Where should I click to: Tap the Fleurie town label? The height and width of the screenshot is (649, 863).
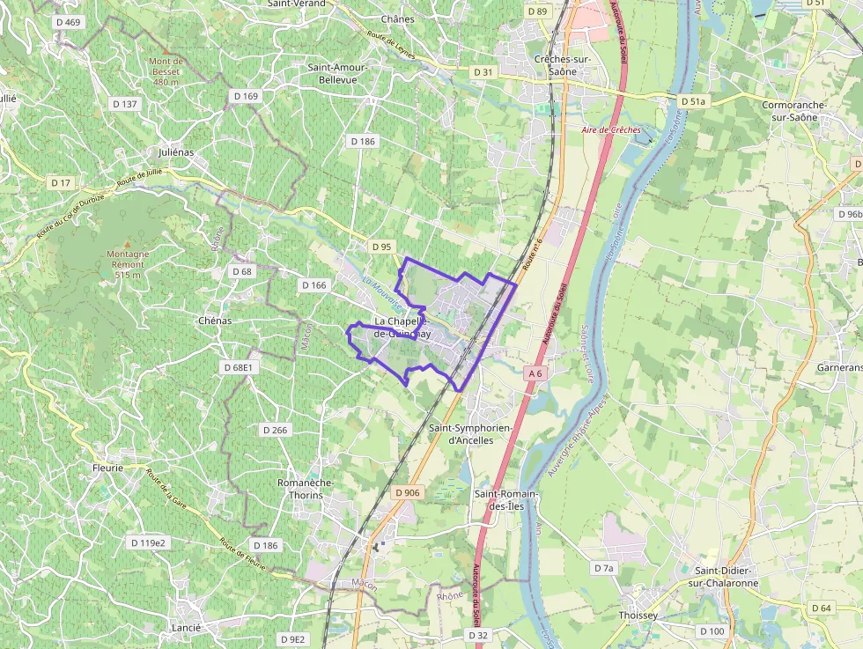pyautogui.click(x=107, y=468)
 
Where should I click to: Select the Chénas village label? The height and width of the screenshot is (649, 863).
pyautogui.click(x=215, y=321)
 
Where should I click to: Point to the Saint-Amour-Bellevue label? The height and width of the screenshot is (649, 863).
pyautogui.click(x=337, y=73)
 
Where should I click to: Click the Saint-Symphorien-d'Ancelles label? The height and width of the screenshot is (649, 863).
pyautogui.click(x=471, y=433)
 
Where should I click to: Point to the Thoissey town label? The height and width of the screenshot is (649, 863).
pyautogui.click(x=638, y=615)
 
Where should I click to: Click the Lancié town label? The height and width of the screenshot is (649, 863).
pyautogui.click(x=188, y=628)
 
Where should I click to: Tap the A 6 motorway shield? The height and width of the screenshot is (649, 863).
pyautogui.click(x=535, y=374)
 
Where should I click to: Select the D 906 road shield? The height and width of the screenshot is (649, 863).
pyautogui.click(x=407, y=493)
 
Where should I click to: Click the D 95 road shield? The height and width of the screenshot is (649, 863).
pyautogui.click(x=380, y=247)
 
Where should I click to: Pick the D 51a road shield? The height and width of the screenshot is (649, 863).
pyautogui.click(x=692, y=102)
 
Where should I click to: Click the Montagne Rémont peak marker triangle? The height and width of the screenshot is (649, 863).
pyautogui.click(x=127, y=244)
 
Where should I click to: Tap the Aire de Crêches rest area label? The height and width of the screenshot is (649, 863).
pyautogui.click(x=611, y=130)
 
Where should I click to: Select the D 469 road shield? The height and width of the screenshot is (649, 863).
pyautogui.click(x=67, y=22)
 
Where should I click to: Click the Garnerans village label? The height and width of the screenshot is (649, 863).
pyautogui.click(x=840, y=366)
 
